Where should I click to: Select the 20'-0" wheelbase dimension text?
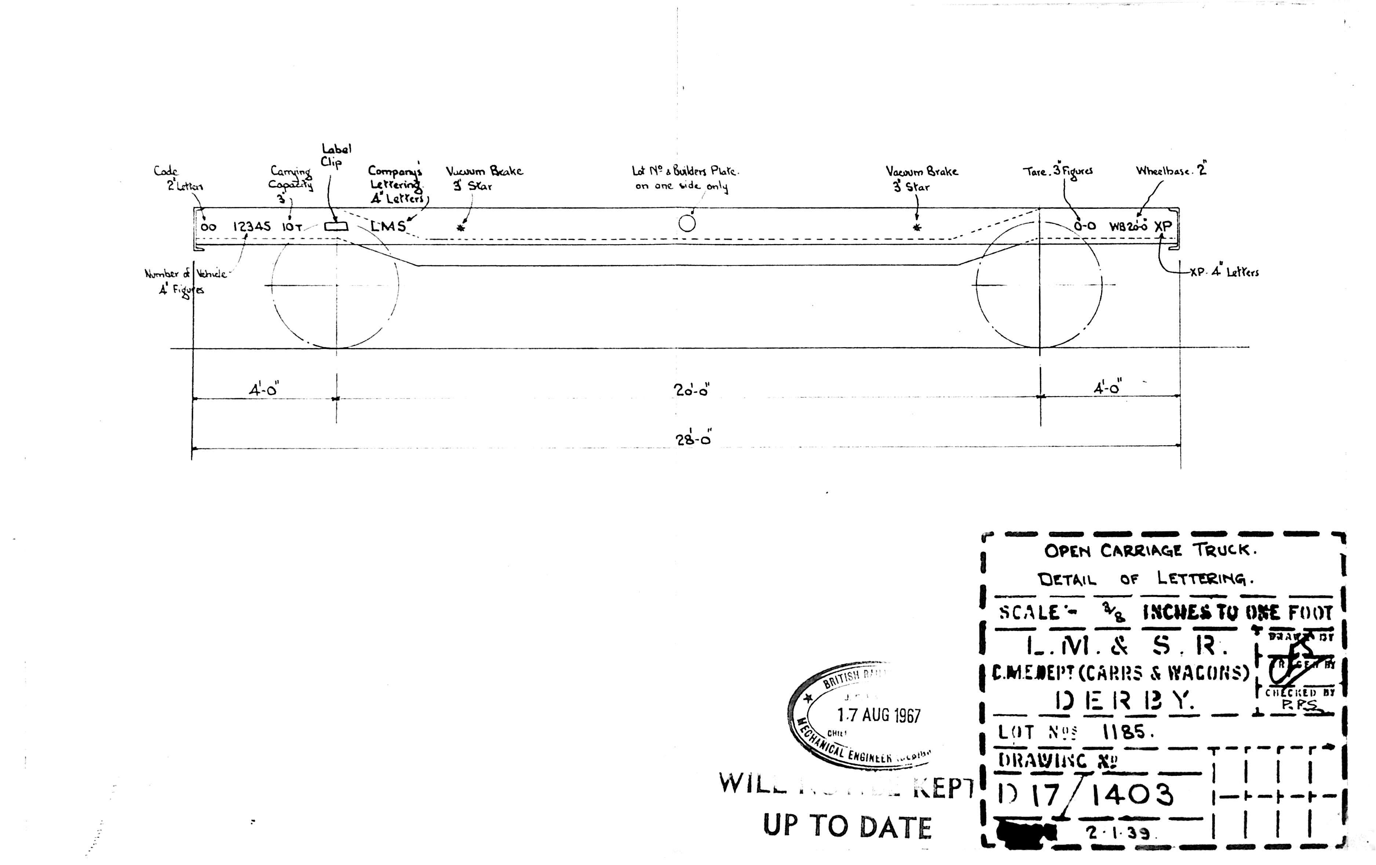click(x=691, y=390)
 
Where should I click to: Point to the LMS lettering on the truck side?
click(x=388, y=226)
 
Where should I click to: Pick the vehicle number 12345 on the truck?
click(x=251, y=226)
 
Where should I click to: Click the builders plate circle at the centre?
click(x=687, y=223)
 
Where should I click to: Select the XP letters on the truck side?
click(x=1163, y=226)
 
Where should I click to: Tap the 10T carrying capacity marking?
click(x=291, y=227)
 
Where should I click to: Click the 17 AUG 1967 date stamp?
click(x=879, y=715)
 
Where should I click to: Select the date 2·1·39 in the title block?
click(x=1119, y=833)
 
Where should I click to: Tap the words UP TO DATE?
click(x=847, y=827)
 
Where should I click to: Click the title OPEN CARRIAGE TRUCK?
click(x=1150, y=550)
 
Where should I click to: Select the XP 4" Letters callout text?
click(x=1224, y=273)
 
